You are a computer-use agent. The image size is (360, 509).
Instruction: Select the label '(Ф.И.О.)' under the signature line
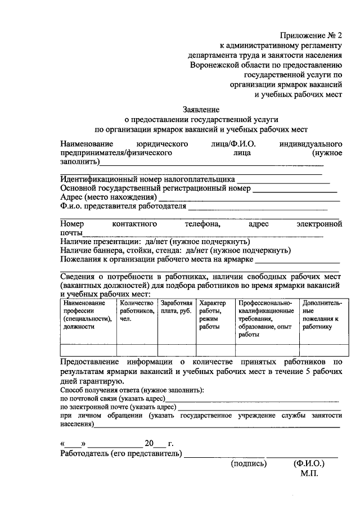pyautogui.click(x=309, y=465)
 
